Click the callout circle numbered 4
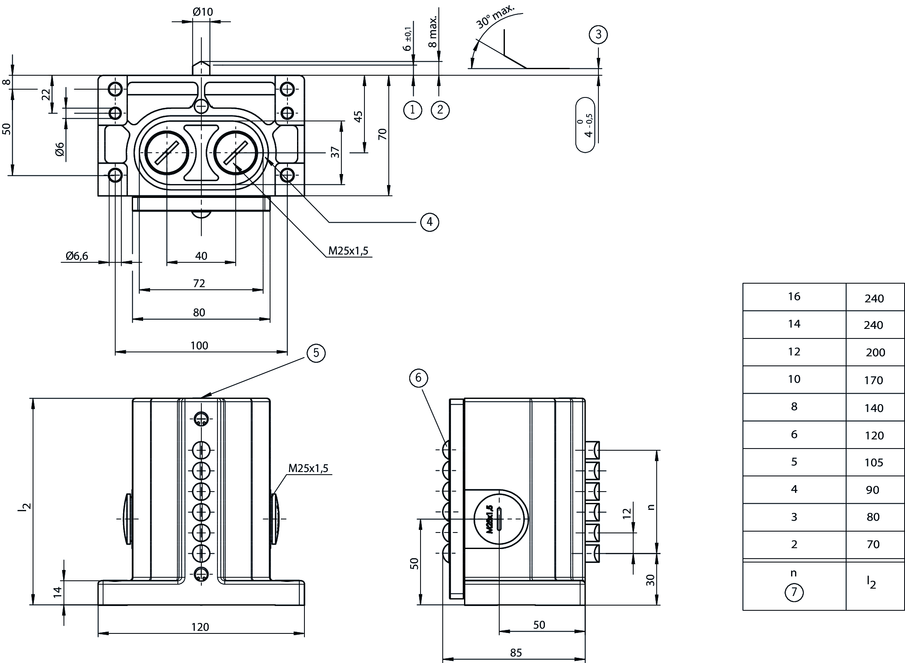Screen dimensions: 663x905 point(429,222)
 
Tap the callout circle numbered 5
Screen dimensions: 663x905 point(316,353)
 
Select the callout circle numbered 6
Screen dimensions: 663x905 point(418,378)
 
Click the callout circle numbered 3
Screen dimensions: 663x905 point(598,34)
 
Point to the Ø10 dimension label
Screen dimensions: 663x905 point(203,12)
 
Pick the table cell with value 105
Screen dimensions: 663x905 point(874,462)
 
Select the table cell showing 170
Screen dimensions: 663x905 point(874,380)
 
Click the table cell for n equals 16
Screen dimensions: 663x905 point(794,297)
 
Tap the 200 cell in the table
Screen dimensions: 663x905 point(875,352)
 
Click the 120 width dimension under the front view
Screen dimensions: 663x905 point(200,627)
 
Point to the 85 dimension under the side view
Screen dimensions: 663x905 point(515,653)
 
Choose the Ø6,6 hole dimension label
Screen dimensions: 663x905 point(77,256)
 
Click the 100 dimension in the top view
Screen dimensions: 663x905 point(199,345)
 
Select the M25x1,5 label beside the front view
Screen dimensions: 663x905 point(308,469)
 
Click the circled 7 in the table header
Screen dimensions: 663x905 point(794,593)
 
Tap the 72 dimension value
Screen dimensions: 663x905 point(199,284)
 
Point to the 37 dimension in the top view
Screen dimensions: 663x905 point(335,152)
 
